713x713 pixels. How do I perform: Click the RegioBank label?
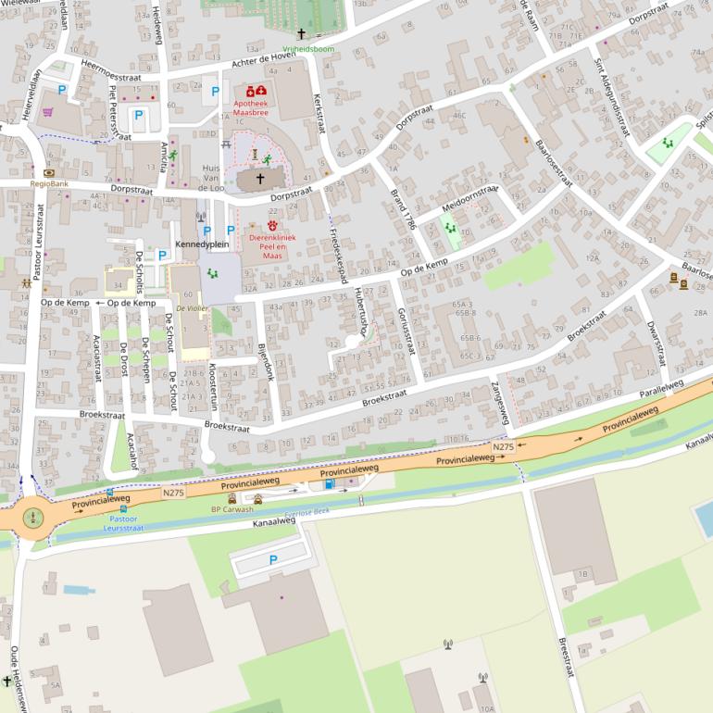(x=49, y=183)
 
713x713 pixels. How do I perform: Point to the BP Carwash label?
(x=232, y=509)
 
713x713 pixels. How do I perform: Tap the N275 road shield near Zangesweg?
(x=503, y=447)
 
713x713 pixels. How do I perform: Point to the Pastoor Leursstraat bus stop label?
(x=123, y=523)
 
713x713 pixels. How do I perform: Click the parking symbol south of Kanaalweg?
(x=272, y=559)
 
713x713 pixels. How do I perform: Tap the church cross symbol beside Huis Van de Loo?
(x=259, y=179)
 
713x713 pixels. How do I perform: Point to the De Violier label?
(x=192, y=307)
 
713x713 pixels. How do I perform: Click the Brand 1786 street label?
(x=404, y=209)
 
